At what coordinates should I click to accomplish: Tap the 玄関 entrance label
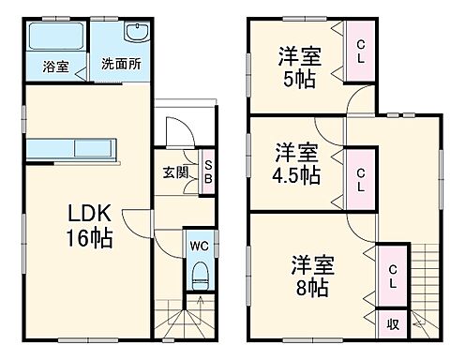(174, 171)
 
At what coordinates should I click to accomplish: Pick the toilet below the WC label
(200, 276)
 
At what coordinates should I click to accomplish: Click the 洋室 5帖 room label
(298, 66)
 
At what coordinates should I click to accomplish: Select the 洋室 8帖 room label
(308, 276)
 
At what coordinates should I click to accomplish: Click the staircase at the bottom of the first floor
(184, 320)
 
